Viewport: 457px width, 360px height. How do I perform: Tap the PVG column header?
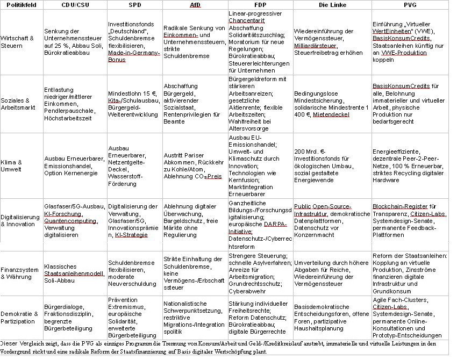point(412,5)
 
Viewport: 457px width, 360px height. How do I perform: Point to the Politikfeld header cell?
point(20,5)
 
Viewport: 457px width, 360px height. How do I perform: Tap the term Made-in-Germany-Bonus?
point(133,56)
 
